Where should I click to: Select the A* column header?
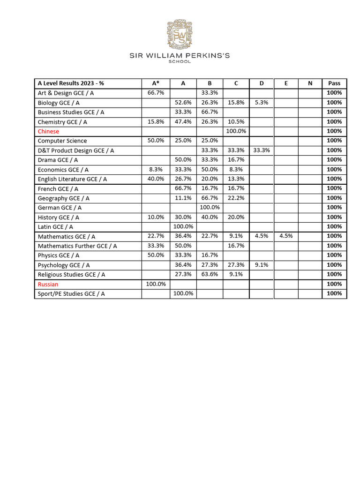(156, 83)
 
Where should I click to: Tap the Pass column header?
(334, 83)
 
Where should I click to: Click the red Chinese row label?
(48, 131)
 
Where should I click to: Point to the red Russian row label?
(48, 284)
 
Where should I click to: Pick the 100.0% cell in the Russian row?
(156, 284)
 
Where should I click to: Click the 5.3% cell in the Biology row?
(262, 102)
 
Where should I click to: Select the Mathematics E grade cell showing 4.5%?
(286, 236)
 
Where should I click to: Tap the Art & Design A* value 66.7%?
(156, 93)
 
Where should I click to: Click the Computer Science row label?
(62, 141)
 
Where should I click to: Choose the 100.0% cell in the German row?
(210, 207)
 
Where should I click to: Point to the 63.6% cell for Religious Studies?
(210, 274)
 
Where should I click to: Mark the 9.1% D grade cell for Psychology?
(262, 265)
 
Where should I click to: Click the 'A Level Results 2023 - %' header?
(71, 83)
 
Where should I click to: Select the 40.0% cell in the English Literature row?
(156, 179)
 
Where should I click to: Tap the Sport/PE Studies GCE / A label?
(71, 293)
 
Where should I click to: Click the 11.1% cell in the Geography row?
(183, 198)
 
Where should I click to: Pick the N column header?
(310, 83)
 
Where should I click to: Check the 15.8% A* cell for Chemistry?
(156, 121)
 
